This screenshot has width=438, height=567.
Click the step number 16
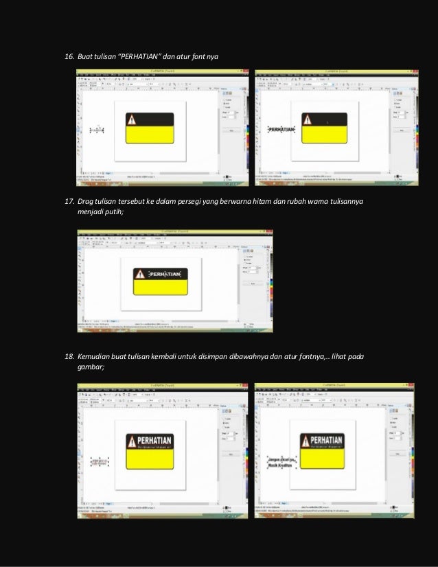(x=69, y=55)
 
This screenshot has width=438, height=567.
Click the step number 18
(x=69, y=358)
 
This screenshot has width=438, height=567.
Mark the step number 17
(x=69, y=202)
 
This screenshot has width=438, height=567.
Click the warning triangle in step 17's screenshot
(x=140, y=275)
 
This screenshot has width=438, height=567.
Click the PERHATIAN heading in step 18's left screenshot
(x=157, y=439)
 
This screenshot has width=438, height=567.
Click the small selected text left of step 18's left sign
(x=99, y=460)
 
